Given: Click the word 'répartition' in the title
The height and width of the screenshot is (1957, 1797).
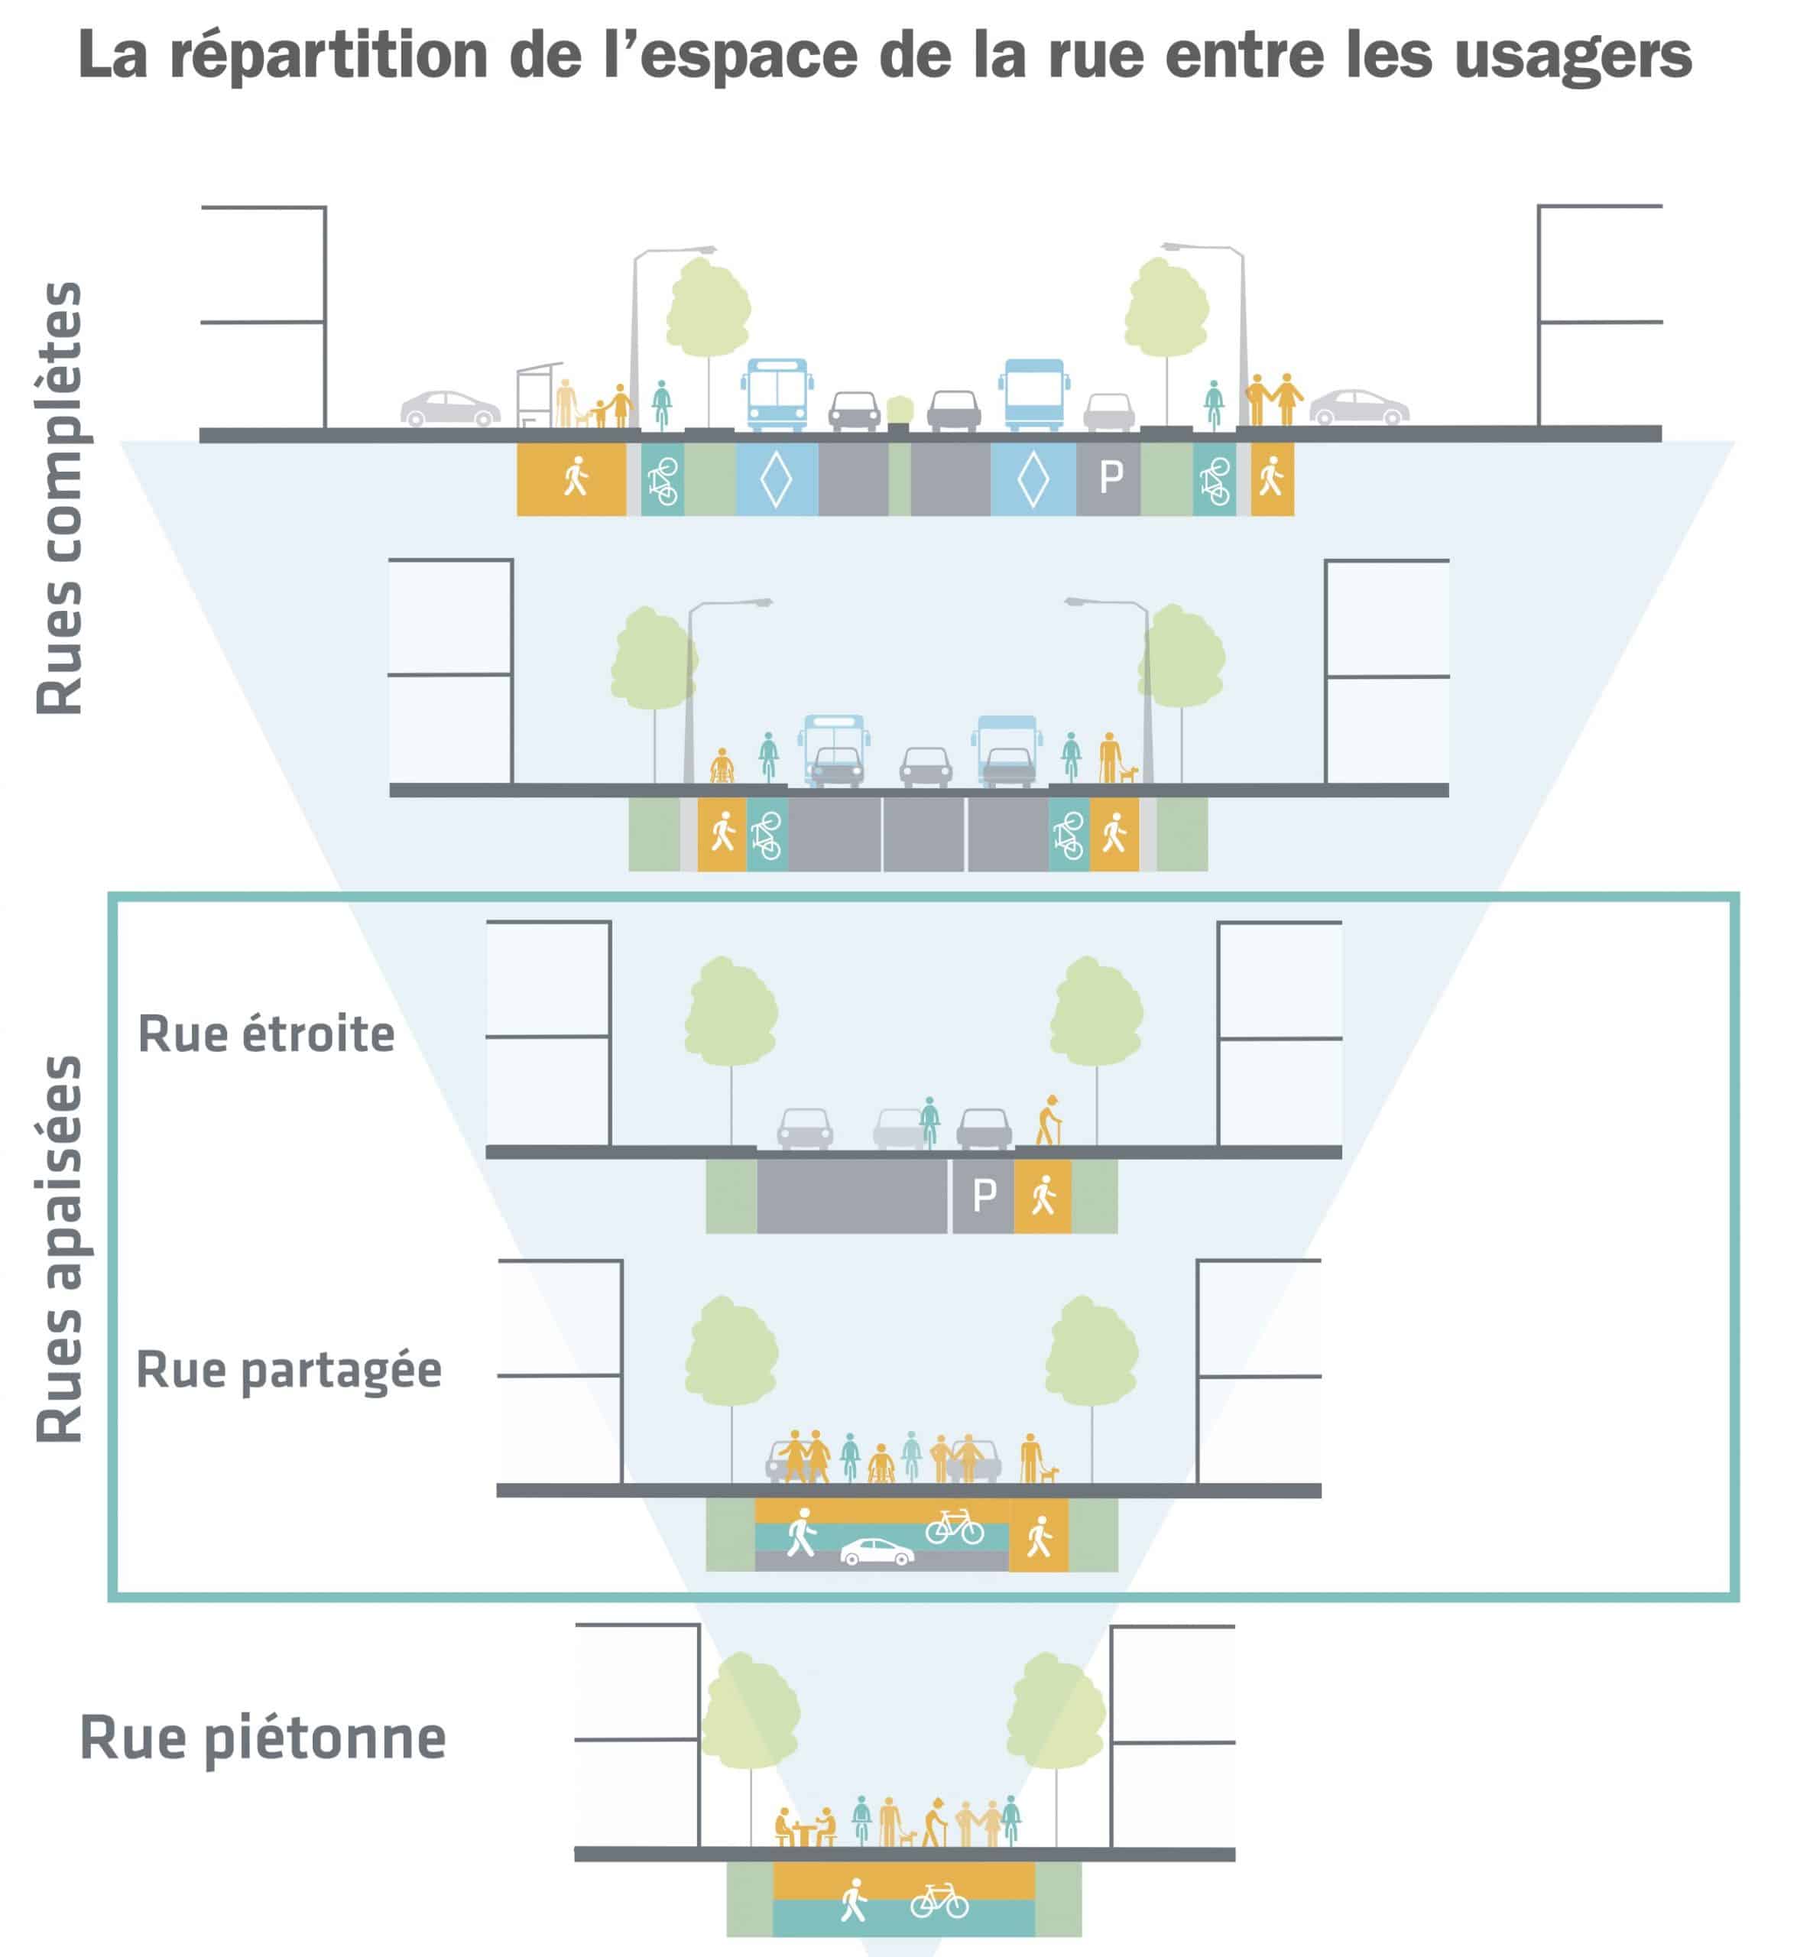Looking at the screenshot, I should (x=329, y=56).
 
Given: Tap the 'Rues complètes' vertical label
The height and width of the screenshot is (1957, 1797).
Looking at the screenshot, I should (x=60, y=498).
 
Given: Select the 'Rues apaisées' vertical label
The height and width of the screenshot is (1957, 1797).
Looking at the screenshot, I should (x=60, y=1249).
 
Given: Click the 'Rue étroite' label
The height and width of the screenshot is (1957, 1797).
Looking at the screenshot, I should (x=267, y=1034).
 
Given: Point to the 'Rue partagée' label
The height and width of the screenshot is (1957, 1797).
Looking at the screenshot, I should (x=289, y=1371).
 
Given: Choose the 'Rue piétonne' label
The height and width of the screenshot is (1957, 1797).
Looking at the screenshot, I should (x=262, y=1738).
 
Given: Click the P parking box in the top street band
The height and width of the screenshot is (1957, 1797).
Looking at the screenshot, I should (x=1110, y=478).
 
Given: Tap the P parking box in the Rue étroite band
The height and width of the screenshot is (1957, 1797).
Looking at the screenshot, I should (x=983, y=1196).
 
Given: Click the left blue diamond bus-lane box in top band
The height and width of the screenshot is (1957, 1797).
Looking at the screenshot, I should (x=776, y=479).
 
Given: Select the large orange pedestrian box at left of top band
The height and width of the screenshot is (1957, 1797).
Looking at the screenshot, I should (x=572, y=479).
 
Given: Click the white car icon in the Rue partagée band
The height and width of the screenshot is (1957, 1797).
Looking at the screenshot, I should (x=876, y=1553).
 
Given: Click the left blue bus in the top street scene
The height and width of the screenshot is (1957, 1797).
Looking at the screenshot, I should (x=777, y=394).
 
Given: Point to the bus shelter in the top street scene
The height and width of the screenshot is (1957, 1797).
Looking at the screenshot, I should (x=539, y=395).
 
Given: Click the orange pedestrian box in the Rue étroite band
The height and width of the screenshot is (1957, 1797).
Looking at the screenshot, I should (x=1043, y=1196).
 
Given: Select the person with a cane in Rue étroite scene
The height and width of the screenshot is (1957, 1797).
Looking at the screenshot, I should (x=1048, y=1121).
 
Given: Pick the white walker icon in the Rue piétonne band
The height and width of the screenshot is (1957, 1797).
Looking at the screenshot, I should (x=854, y=1900).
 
